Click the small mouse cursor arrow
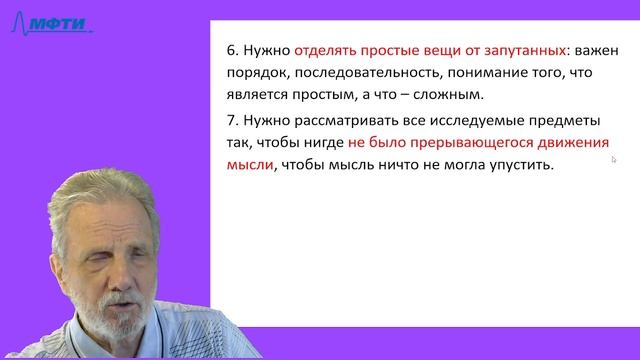(x=614, y=158)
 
